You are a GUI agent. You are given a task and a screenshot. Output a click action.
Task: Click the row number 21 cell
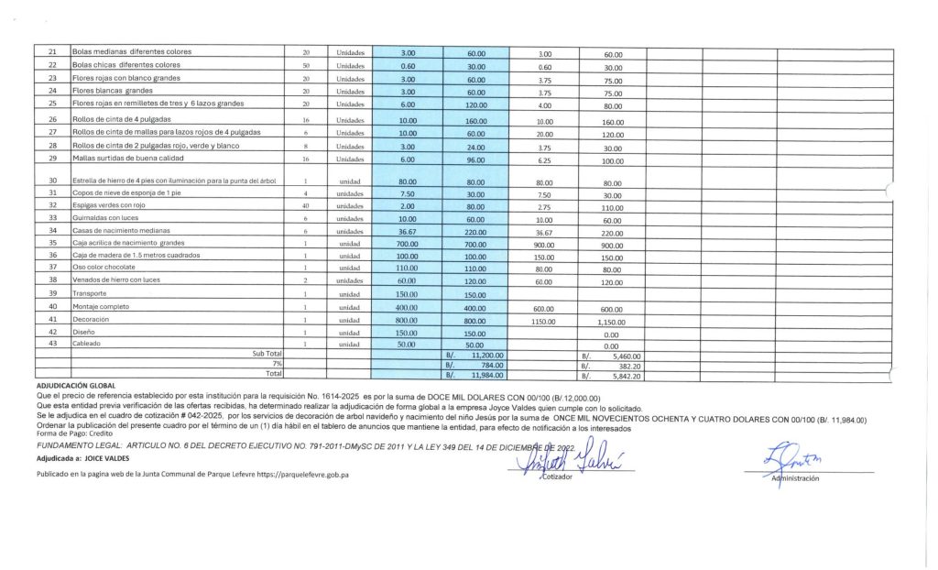(x=52, y=52)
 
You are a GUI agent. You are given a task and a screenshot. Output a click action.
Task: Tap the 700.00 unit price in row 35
(x=408, y=243)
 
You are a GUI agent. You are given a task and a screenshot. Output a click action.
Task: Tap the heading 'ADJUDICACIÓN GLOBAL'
(x=76, y=387)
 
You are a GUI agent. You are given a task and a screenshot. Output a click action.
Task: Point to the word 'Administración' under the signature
(x=794, y=478)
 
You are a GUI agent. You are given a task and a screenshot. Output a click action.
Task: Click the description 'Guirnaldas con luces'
(x=104, y=218)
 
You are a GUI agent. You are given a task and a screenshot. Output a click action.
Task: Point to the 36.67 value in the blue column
(x=408, y=231)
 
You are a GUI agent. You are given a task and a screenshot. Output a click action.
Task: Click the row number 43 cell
(x=52, y=344)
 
